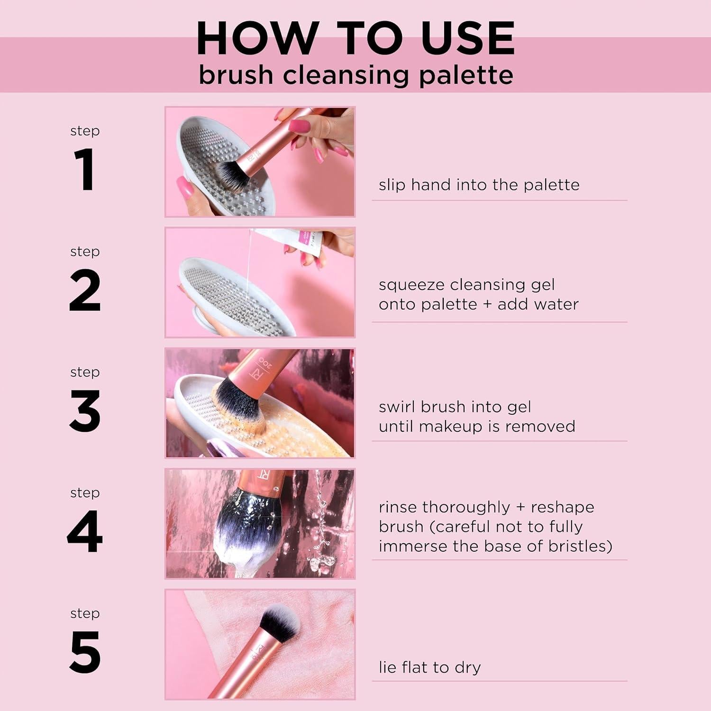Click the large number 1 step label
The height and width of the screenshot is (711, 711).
coord(85,170)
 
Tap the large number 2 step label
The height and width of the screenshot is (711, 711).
coord(85,290)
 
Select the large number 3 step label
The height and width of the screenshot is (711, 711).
coord(85,410)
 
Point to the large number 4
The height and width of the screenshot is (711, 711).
coord(85,531)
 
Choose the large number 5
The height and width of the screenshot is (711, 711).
coord(85,652)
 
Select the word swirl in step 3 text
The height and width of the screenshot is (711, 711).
coord(397,407)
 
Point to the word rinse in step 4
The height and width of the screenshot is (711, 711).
coord(398,507)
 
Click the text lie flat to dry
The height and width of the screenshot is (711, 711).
coord(429,667)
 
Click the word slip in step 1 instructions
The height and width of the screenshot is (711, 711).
coord(392,185)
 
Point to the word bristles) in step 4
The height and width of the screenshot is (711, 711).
coord(580,546)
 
